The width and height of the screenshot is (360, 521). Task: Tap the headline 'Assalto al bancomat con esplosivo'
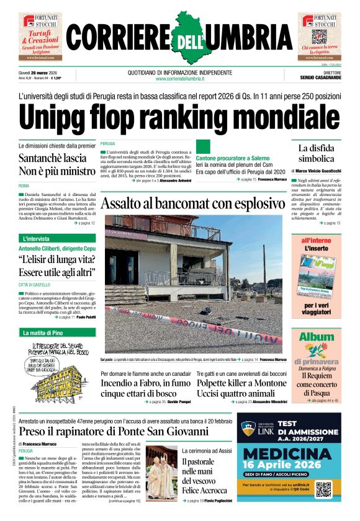point(192,203)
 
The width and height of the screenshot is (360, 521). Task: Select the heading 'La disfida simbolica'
point(317,154)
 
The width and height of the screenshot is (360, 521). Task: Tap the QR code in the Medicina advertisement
point(323,488)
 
